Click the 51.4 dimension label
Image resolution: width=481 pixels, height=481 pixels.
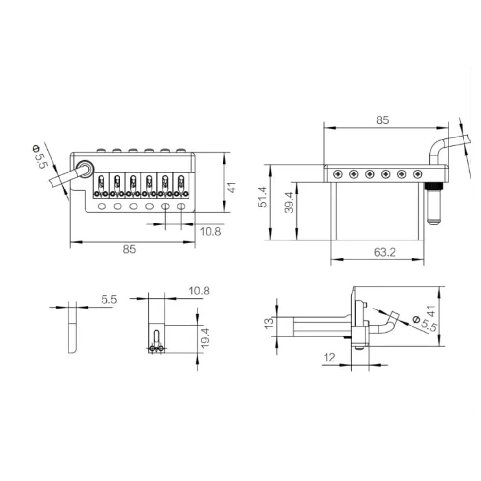[262, 197]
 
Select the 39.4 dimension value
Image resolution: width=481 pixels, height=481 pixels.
[289, 202]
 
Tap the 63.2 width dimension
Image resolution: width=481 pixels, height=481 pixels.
[385, 252]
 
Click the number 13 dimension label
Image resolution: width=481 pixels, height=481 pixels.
[269, 324]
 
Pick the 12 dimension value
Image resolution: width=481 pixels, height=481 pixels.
[329, 358]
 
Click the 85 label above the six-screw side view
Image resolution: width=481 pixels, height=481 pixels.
[382, 120]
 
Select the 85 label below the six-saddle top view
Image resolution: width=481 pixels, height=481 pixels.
[129, 249]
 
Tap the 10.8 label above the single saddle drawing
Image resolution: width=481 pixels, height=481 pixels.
[199, 291]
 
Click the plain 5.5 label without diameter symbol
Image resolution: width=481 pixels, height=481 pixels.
[109, 299]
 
